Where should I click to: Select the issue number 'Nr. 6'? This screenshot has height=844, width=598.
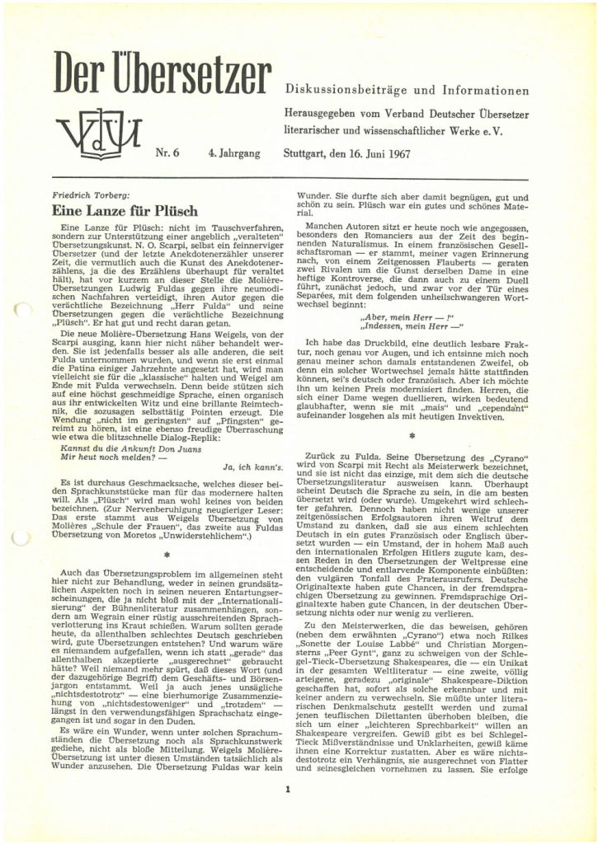pos(171,152)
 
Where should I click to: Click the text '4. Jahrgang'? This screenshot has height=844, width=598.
pos(234,152)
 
